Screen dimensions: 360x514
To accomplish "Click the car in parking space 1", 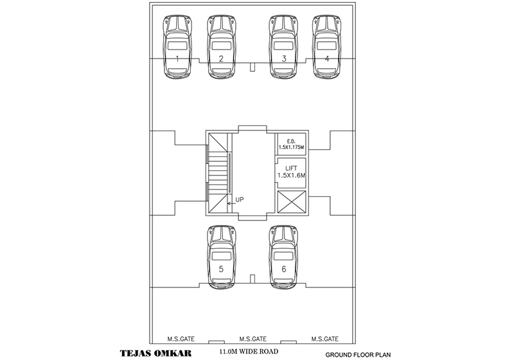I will pos(177,46).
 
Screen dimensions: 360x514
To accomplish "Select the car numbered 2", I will pos(221,46).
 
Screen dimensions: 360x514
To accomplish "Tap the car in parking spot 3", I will pos(283,46).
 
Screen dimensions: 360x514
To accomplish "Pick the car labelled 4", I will pos(326,46).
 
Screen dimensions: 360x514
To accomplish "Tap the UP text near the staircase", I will pos(240,200).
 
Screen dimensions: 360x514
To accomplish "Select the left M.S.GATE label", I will pos(182,339).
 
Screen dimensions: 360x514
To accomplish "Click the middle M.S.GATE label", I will pos(253,339).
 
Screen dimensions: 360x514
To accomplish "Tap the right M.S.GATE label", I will pos(324,339).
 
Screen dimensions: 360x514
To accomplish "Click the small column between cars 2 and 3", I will pos(253,67).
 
